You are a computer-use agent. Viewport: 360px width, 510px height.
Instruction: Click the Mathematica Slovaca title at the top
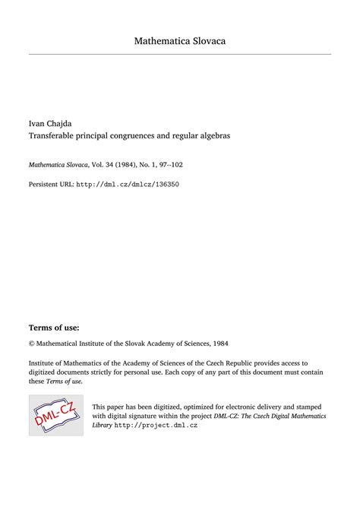click(180, 40)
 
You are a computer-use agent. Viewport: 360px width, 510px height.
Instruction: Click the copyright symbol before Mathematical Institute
click(32, 344)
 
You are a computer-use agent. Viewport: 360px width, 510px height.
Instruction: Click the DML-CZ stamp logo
click(56, 415)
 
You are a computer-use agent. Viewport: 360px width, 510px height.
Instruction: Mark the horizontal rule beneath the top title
click(180, 54)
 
